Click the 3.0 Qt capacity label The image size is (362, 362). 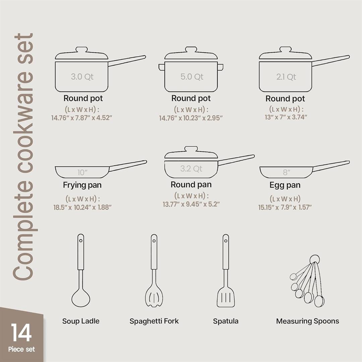[82, 77]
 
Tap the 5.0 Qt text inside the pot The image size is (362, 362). [192, 77]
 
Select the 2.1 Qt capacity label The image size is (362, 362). [286, 77]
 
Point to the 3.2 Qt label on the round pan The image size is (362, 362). [191, 169]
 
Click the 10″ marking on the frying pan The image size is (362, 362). [82, 173]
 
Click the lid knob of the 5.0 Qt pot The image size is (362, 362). [191, 50]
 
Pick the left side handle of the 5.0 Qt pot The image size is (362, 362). [162, 67]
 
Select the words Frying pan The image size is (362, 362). [82, 185]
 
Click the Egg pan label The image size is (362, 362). [285, 185]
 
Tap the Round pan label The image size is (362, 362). [191, 185]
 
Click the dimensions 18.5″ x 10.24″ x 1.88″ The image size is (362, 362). [82, 207]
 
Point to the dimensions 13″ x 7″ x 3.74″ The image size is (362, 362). [286, 117]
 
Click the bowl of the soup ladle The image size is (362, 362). [81, 297]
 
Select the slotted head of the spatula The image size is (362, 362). [226, 297]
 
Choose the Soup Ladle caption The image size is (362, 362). [81, 321]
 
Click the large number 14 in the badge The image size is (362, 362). [21, 333]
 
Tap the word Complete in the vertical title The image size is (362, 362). [23, 235]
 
